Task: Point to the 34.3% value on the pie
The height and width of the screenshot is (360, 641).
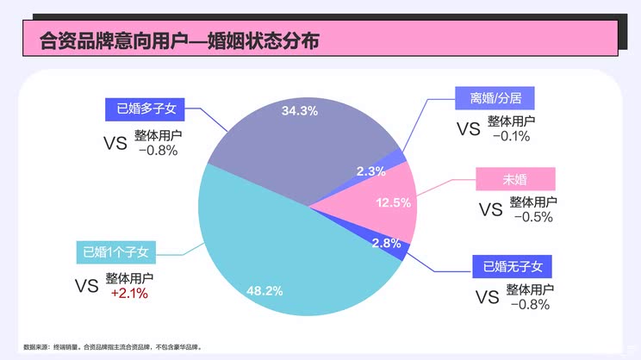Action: [299, 110]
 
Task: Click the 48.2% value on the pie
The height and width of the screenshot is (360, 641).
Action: [264, 291]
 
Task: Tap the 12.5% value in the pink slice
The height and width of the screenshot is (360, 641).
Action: [394, 202]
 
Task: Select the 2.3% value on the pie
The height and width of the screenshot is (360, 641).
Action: [370, 171]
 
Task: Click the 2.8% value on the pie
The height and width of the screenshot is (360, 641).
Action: [386, 243]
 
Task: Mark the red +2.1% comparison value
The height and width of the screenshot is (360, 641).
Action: [130, 294]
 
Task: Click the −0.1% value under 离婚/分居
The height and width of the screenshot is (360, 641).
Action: [511, 136]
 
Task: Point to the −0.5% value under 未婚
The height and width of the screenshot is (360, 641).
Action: [532, 217]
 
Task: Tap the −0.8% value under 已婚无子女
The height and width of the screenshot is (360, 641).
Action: [529, 304]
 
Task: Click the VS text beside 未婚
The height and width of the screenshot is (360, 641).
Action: [489, 209]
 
